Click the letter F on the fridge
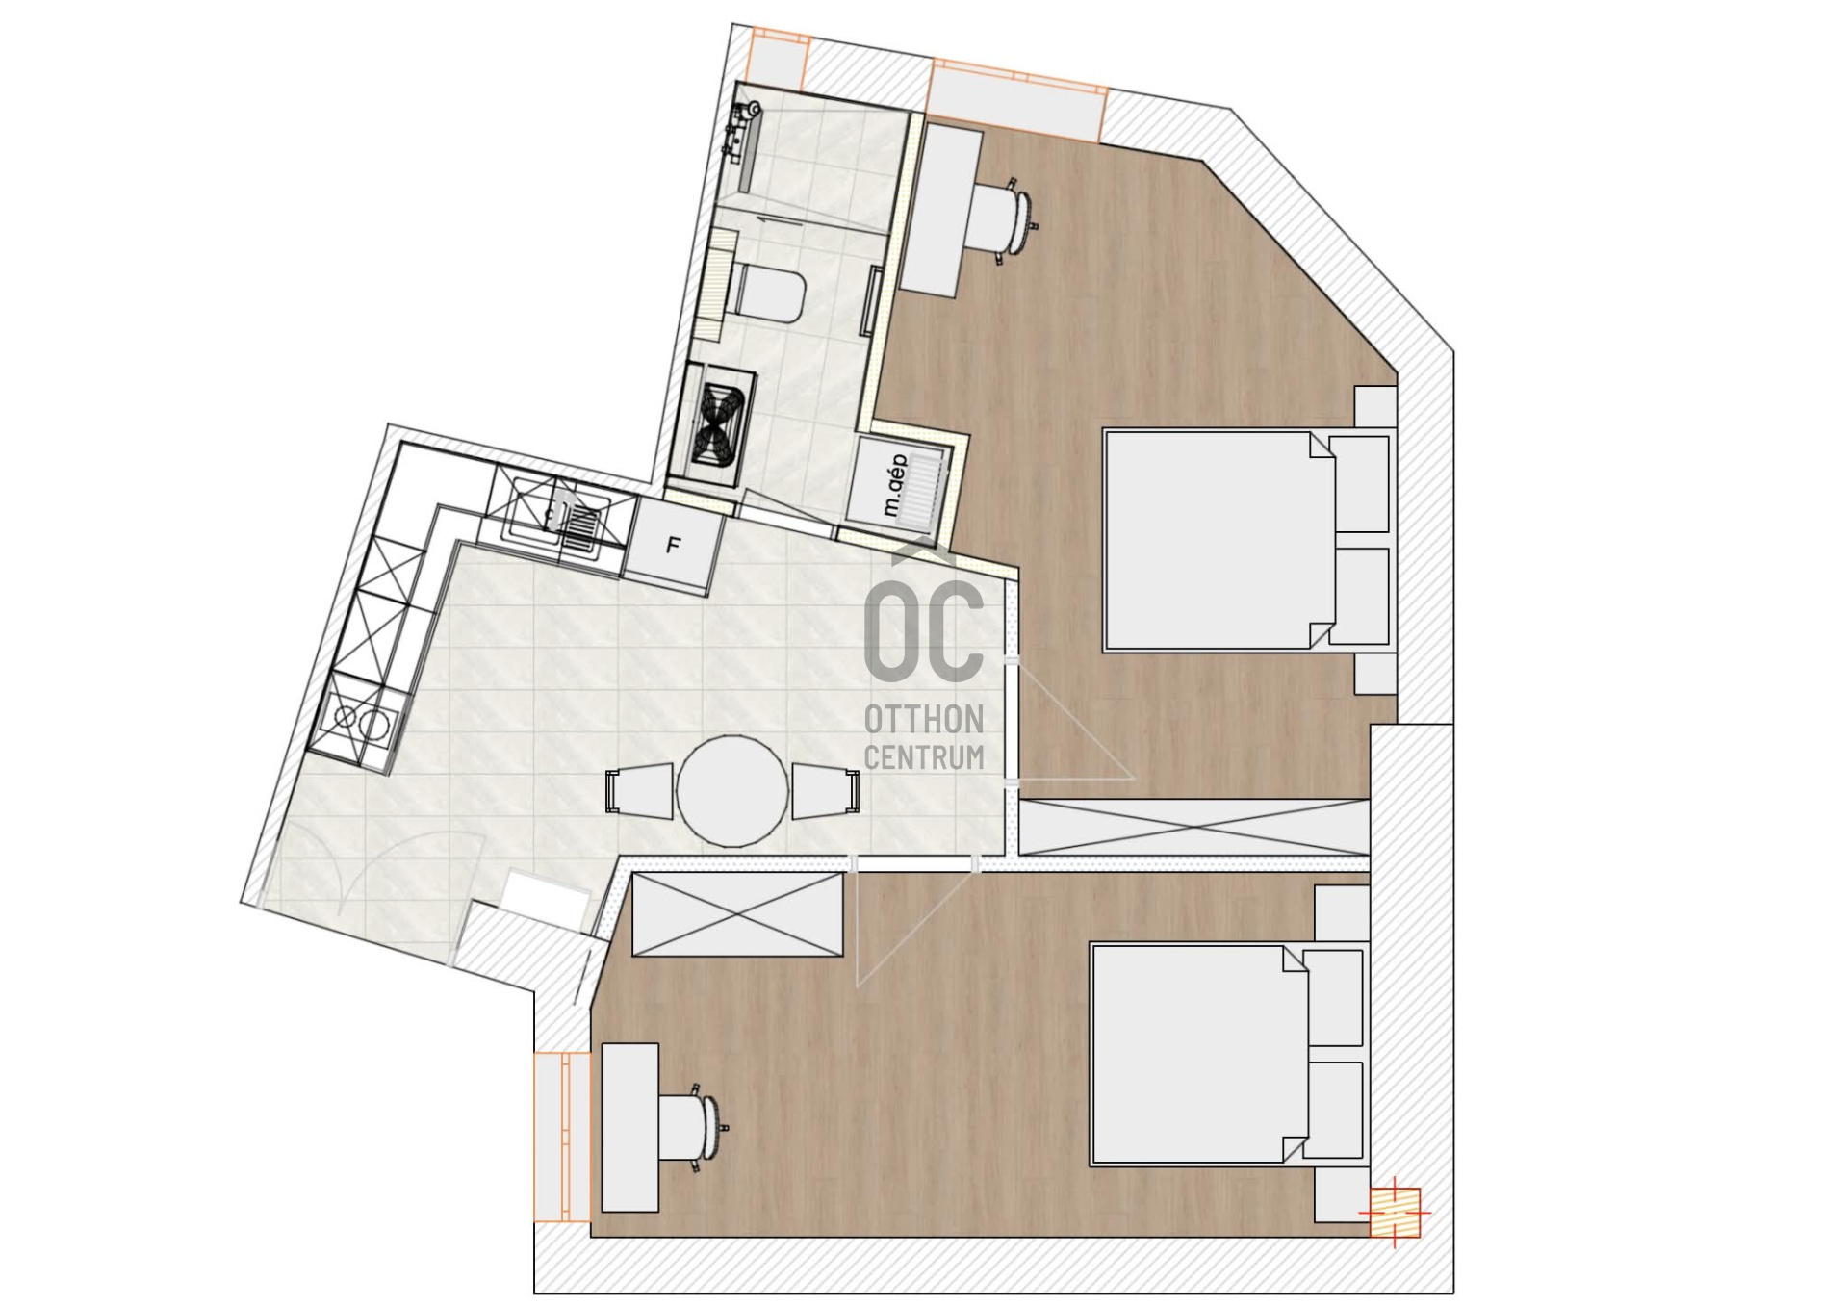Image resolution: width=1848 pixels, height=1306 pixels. coord(674,546)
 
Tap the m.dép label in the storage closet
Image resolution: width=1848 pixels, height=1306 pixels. coord(895,485)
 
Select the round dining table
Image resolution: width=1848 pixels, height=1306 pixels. coord(732,791)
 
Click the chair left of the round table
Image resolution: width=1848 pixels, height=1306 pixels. coord(639,791)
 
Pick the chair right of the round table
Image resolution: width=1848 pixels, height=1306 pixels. coord(826,791)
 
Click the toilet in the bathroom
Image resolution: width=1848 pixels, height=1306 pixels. coord(766,294)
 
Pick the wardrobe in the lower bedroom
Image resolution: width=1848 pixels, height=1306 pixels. coord(737,914)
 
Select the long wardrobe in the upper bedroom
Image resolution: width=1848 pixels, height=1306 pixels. coord(1194,827)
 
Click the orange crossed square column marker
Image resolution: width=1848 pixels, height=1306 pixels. coord(1395,1213)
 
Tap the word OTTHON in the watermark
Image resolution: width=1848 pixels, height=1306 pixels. coord(924,720)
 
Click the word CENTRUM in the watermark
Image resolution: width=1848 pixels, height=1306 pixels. coord(924,757)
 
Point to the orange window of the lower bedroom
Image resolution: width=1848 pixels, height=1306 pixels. coord(562,1137)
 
